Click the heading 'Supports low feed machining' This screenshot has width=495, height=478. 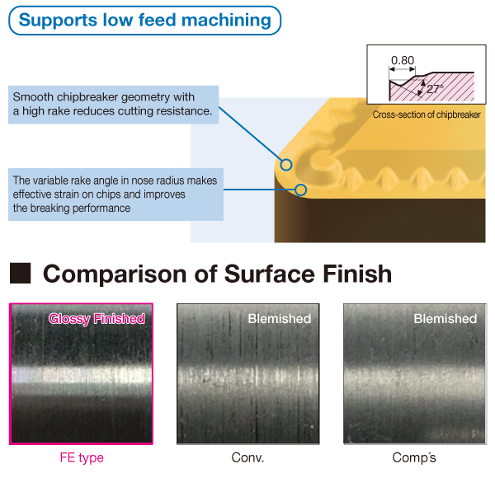(144, 19)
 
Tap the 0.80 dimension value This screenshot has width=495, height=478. (403, 60)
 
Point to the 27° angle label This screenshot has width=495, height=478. (435, 88)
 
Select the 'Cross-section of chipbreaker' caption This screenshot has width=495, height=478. (427, 115)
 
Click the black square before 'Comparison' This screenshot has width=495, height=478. (20, 274)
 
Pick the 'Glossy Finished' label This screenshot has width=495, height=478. (97, 319)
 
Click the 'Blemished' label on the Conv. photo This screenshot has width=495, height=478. (280, 319)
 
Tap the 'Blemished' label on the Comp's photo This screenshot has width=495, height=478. (445, 319)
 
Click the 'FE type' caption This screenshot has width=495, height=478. (81, 457)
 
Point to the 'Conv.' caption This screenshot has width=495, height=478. (247, 457)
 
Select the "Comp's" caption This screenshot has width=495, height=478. (413, 457)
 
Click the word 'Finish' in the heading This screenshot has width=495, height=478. (354, 274)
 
